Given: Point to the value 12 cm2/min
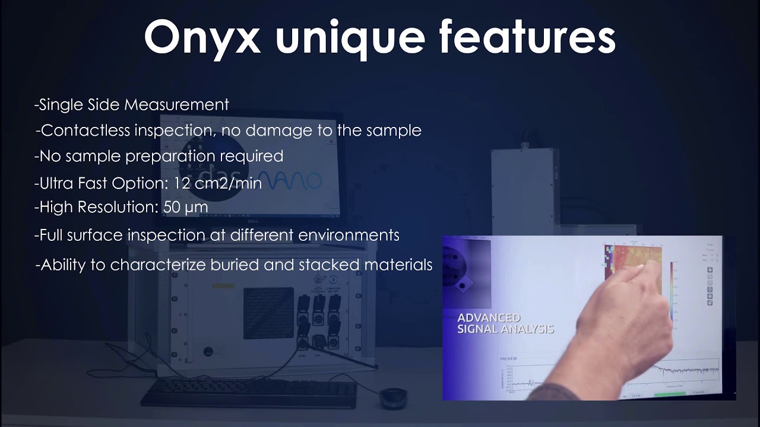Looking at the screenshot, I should pyautogui.click(x=217, y=183).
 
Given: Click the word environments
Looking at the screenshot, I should pyautogui.click(x=349, y=235).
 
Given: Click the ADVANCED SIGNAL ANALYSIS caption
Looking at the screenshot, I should pyautogui.click(x=505, y=323).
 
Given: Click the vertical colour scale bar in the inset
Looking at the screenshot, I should pyautogui.click(x=671, y=291).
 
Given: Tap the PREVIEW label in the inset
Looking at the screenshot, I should pyautogui.click(x=508, y=359).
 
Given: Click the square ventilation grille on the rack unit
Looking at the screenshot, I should pyautogui.click(x=268, y=313).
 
